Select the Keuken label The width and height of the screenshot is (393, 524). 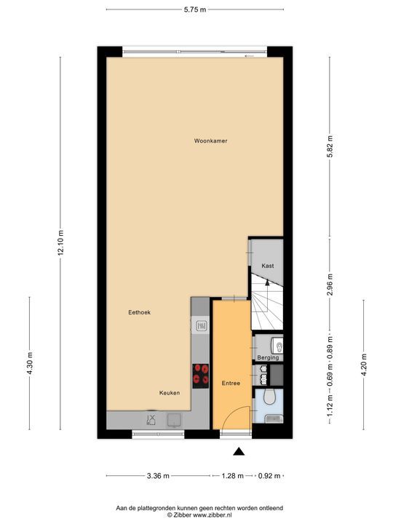170,392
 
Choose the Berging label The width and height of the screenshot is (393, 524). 267,358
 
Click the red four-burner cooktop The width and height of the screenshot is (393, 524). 200,374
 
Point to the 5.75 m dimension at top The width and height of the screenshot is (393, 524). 195,9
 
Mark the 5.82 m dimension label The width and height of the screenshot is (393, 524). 330,148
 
